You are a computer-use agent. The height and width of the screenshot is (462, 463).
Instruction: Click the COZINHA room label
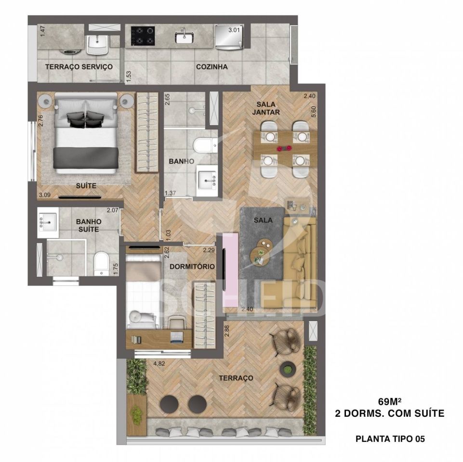[212, 67]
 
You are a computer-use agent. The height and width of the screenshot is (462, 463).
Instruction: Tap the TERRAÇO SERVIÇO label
[79, 67]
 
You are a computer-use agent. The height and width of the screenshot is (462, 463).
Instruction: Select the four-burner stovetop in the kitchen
[143, 36]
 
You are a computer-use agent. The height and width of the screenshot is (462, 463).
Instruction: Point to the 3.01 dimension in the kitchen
[234, 30]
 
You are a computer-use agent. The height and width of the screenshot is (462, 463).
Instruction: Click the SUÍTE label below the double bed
[86, 186]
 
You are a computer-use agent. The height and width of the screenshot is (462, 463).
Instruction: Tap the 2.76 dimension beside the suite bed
[41, 120]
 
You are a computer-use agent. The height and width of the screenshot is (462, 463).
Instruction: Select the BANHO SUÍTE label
[89, 225]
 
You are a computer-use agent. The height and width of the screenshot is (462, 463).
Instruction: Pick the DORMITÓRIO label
[192, 267]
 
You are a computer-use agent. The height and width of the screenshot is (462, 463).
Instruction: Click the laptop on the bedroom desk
[177, 337]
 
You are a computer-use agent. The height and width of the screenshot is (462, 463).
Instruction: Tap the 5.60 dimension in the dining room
[314, 112]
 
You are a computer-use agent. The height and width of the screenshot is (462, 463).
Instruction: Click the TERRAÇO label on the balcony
[236, 378]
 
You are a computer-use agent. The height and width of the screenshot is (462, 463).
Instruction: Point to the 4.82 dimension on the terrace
[159, 364]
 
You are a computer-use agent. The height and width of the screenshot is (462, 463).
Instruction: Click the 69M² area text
[389, 401]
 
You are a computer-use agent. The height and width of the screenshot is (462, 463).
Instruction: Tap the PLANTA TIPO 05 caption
[390, 439]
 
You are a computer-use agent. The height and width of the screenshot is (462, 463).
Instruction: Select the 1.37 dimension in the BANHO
[171, 193]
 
